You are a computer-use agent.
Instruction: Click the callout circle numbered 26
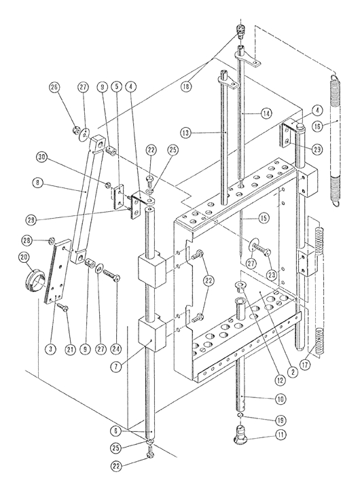[54, 88]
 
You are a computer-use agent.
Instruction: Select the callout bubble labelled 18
[187, 87]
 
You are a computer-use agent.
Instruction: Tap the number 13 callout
[185, 133]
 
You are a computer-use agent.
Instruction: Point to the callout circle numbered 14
[266, 113]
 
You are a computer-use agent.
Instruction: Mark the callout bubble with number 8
[38, 183]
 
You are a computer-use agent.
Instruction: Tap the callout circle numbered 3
[50, 349]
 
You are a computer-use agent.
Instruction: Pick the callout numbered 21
[71, 349]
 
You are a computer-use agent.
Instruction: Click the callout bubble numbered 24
[117, 349]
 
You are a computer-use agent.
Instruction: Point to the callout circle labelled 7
[116, 367]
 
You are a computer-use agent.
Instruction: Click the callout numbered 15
[264, 218]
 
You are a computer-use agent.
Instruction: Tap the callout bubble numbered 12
[280, 380]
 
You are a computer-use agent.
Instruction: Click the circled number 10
[280, 399]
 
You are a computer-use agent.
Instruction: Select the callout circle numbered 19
[280, 420]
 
